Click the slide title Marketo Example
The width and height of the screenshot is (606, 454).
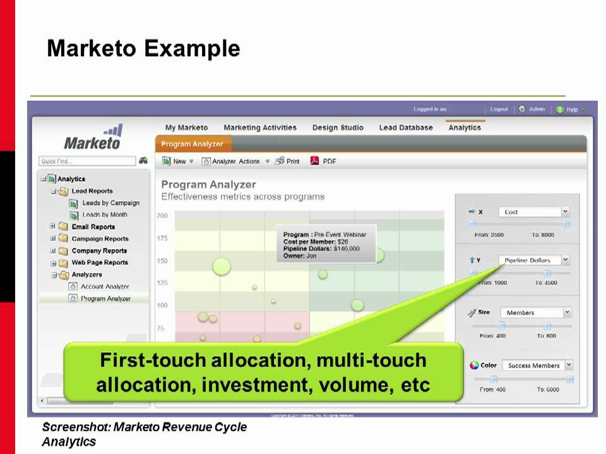coord(143,49)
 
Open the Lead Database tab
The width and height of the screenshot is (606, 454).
coord(405,127)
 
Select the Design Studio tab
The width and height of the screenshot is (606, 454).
coord(338,127)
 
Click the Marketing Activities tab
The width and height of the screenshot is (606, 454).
coord(259,127)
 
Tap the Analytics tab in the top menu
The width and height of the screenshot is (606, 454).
coord(464,127)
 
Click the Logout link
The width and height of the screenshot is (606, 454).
coord(499,109)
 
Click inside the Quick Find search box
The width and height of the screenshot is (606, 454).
coord(87,161)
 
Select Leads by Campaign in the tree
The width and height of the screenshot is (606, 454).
coord(110,203)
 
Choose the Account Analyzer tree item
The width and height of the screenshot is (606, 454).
coord(105,286)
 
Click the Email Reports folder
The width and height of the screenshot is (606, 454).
coord(93,227)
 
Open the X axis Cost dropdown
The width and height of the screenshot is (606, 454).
coord(533,212)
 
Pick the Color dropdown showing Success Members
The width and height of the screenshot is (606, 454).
coord(537,365)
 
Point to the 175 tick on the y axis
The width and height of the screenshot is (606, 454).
coord(162,238)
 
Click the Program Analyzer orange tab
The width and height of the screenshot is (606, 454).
coord(192,144)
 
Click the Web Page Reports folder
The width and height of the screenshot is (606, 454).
coord(99,262)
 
